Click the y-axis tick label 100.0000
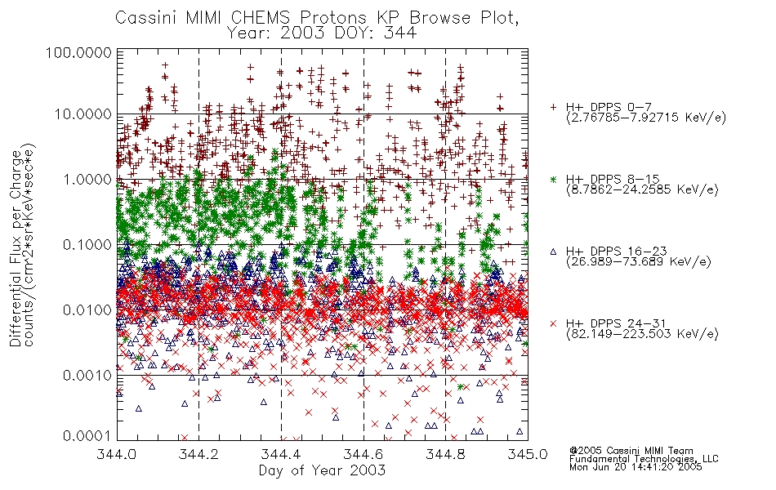[x=78, y=52]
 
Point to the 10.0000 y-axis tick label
[x=83, y=114]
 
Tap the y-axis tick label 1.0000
[x=87, y=179]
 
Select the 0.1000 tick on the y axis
[x=87, y=244]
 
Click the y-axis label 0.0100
[x=87, y=310]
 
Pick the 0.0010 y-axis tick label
[x=87, y=376]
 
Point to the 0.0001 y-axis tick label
[x=87, y=436]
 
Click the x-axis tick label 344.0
[x=116, y=454]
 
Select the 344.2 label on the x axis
[x=198, y=454]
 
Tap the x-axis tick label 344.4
[x=281, y=454]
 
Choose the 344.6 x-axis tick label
[x=363, y=454]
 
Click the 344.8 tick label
[x=445, y=454]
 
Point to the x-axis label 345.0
[x=527, y=454]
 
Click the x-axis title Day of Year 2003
[x=322, y=470]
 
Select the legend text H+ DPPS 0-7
[x=609, y=107]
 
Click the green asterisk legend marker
[x=553, y=179]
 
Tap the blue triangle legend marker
[x=553, y=252]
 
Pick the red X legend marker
[x=553, y=323]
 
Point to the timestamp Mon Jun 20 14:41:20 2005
[x=636, y=467]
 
